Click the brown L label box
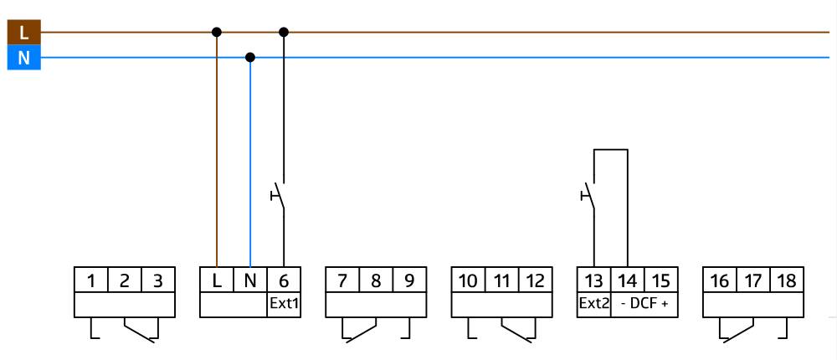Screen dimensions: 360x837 (23, 33)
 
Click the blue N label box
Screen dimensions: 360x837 (23, 58)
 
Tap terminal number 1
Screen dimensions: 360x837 (91, 280)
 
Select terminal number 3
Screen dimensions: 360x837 (158, 280)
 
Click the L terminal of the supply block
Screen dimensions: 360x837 (217, 280)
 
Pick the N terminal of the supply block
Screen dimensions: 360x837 (250, 280)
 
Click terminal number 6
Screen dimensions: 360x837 (284, 280)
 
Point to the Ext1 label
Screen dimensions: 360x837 (284, 303)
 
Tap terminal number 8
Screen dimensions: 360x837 (376, 280)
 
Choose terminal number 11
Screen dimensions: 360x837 (501, 280)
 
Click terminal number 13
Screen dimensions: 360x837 (593, 280)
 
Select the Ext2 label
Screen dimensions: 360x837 (593, 303)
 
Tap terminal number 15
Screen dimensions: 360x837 (660, 280)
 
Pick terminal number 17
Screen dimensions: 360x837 (752, 280)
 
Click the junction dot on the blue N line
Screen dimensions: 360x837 (249, 57)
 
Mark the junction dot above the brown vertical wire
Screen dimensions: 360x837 (217, 32)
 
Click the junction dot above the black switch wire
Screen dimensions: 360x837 (284, 32)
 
